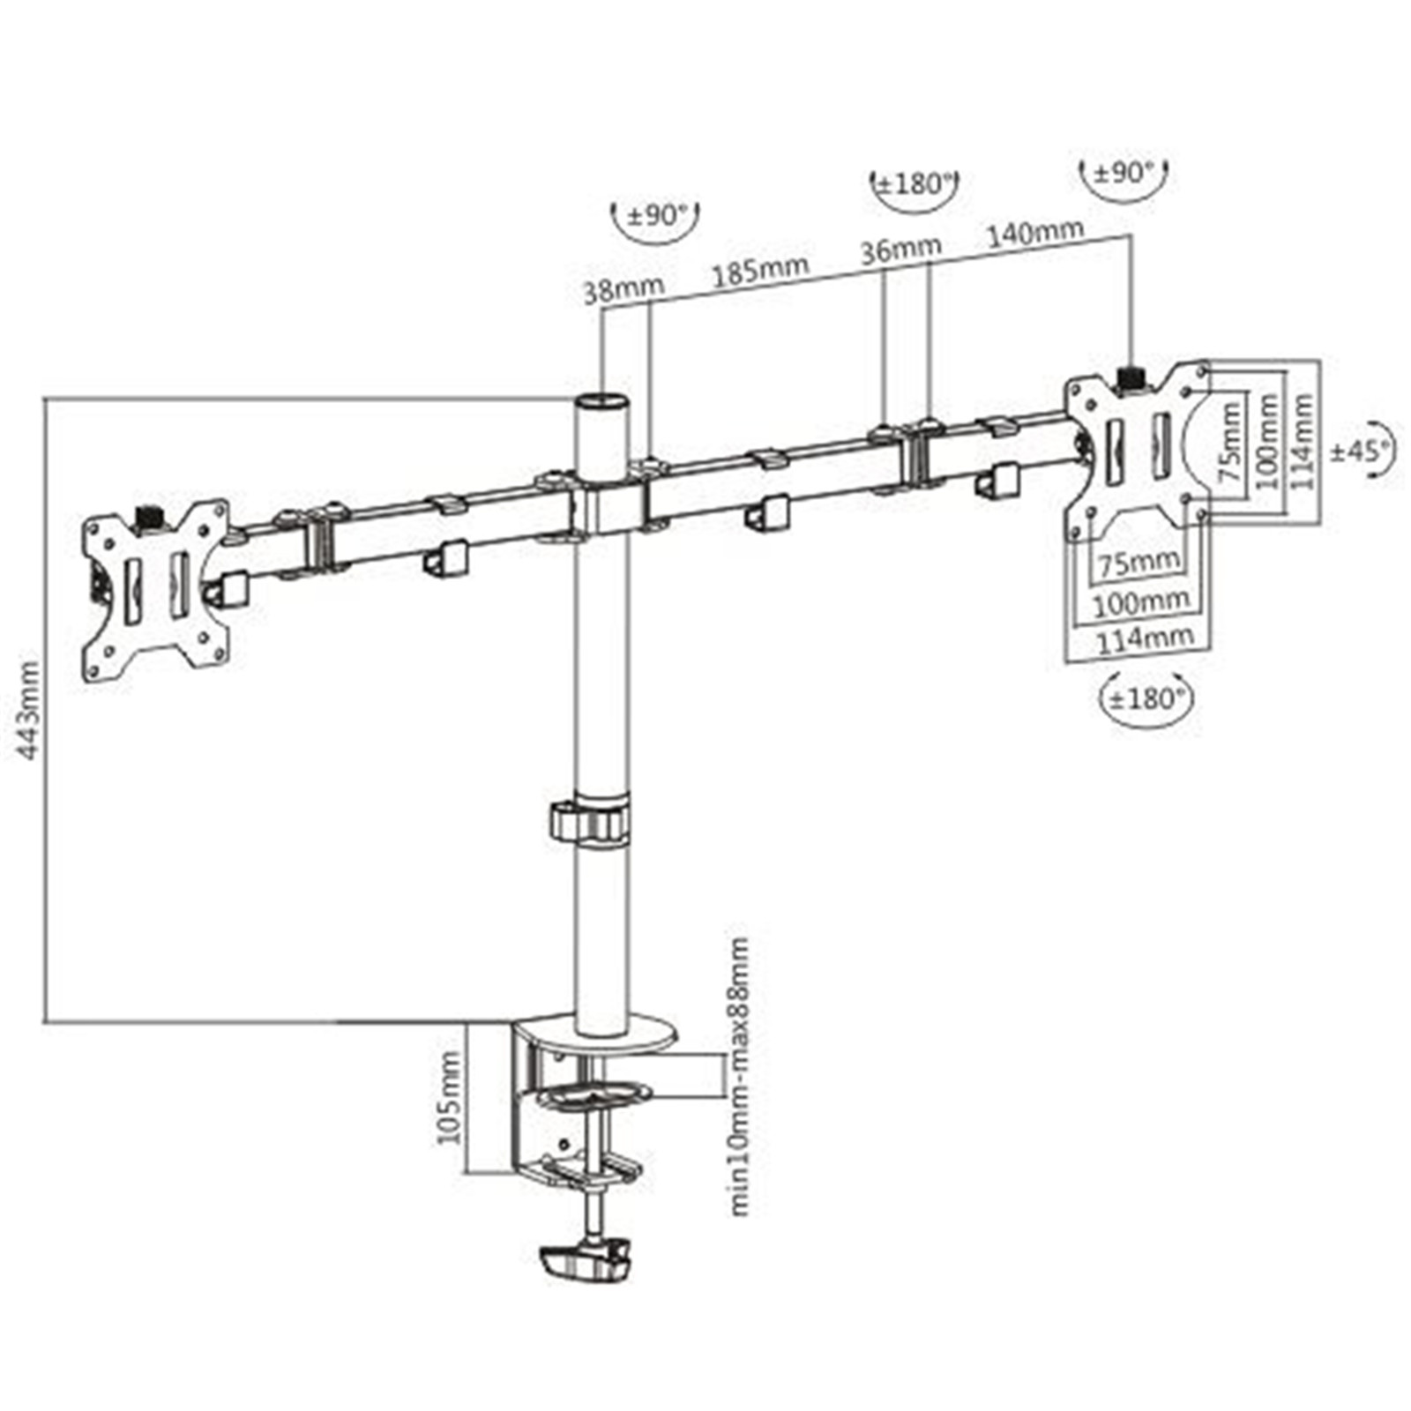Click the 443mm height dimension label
pos(28,710)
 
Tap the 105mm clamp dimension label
pos(450,1097)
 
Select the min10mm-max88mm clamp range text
pos(739,1076)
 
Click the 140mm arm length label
pos(1034,234)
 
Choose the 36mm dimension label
pos(900,249)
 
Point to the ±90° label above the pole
pos(654,214)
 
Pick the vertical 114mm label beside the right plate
pos(1302,441)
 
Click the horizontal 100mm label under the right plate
pos(1142,603)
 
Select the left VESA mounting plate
pos(156,589)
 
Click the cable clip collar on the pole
pos(590,820)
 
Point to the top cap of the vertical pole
pos(602,401)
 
